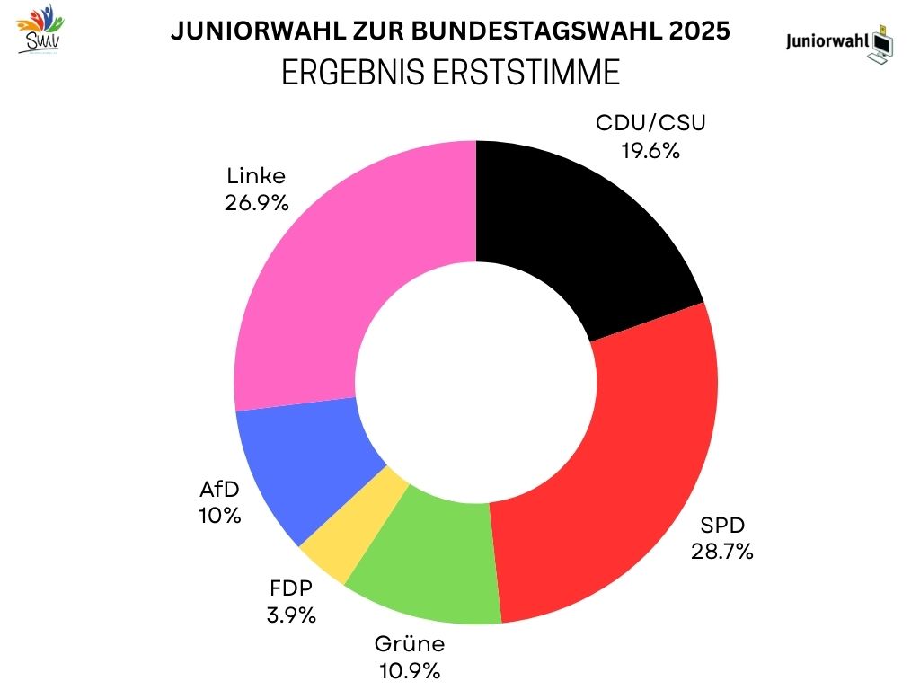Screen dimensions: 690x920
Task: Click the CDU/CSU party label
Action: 650,123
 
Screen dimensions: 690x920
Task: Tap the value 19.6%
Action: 650,150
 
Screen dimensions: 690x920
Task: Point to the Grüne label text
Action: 409,644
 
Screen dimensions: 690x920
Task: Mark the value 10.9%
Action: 409,671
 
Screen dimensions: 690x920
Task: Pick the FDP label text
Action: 292,589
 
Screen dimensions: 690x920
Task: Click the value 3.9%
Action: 292,616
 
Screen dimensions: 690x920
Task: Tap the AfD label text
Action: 220,490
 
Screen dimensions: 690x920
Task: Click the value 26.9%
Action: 256,203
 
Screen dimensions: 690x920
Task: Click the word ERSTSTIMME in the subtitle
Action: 532,73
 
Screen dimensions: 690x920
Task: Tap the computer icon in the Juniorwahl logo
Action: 883,41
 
